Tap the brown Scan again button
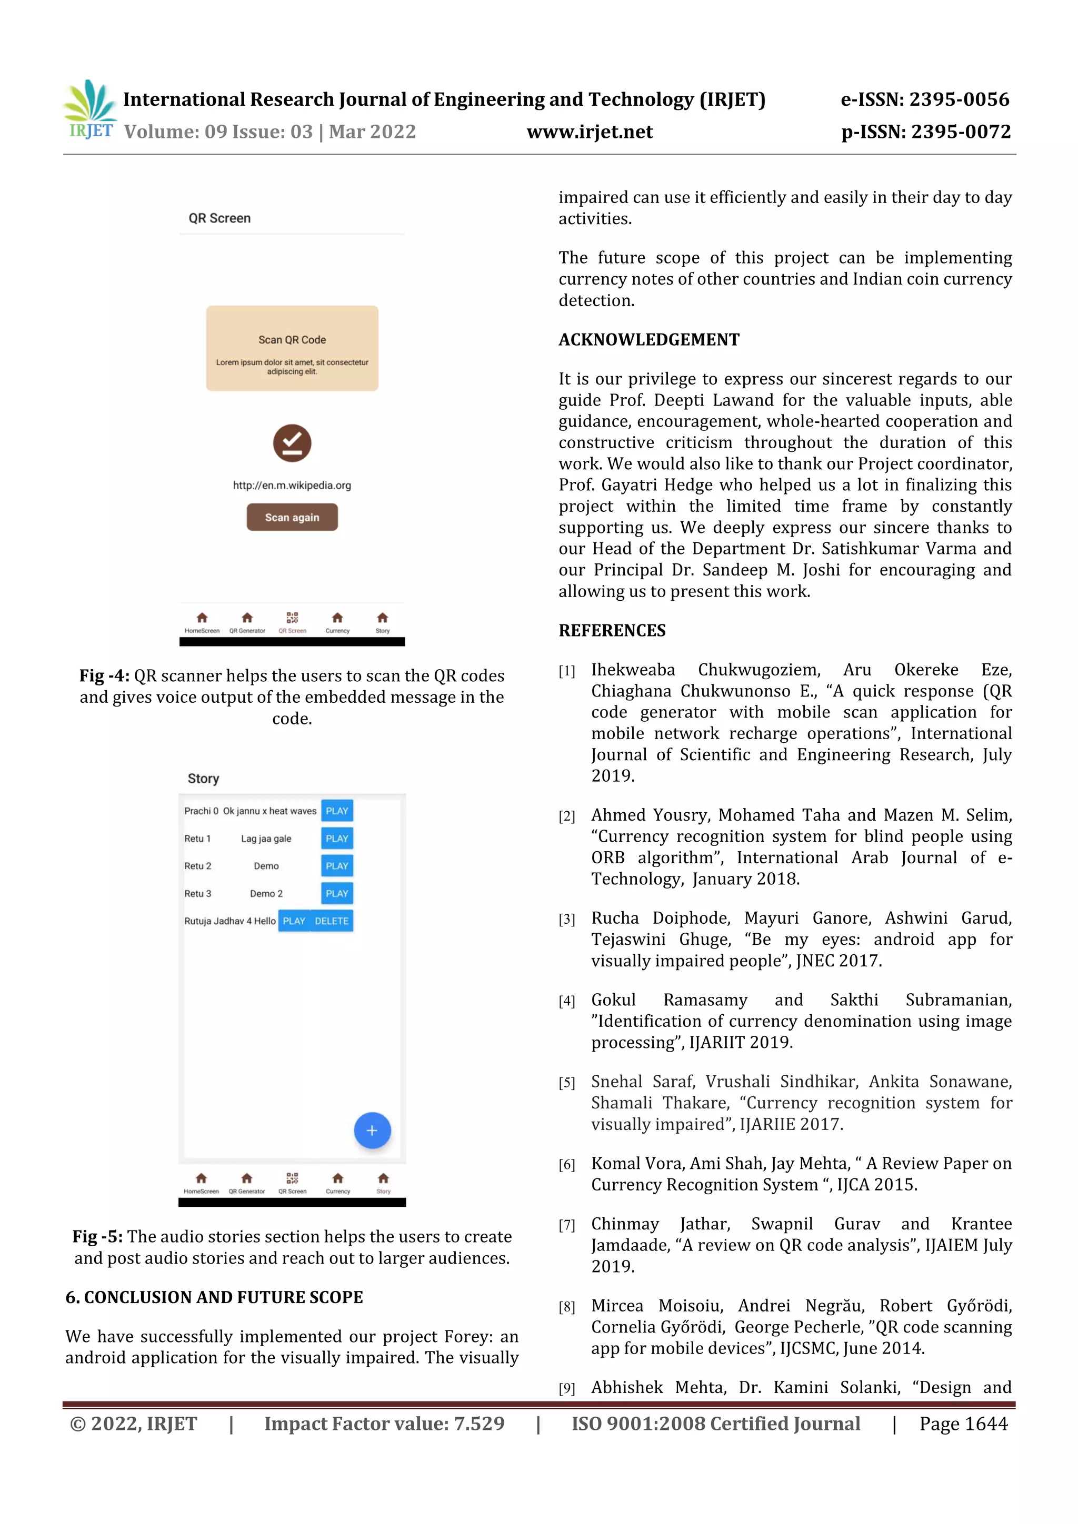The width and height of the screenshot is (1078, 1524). tap(292, 517)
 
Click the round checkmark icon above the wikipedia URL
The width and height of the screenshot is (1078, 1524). tap(292, 443)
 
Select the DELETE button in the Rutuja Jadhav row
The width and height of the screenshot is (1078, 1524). tap(332, 921)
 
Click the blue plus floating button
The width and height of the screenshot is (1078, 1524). tap(372, 1131)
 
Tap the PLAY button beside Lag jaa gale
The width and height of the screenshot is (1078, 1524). tap(337, 839)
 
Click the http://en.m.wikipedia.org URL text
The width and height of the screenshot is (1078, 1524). tap(292, 485)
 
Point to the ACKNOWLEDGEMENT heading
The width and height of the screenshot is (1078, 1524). tap(648, 340)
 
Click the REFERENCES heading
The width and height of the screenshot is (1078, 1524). tap(612, 631)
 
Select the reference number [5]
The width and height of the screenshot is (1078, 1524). tap(566, 1083)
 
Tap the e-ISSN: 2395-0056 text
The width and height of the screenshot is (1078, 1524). tap(925, 99)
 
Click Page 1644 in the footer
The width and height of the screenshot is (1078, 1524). tap(963, 1424)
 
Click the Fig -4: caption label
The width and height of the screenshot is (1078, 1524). tap(104, 675)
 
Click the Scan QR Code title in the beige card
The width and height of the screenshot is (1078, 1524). tap(292, 340)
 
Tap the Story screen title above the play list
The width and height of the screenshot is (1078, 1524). tap(203, 779)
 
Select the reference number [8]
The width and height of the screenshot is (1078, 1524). tap(566, 1307)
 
